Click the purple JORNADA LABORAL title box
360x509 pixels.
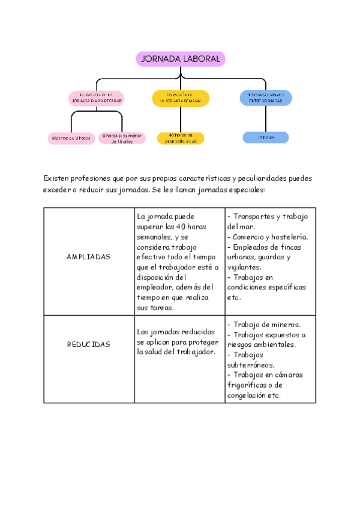pyautogui.click(x=181, y=59)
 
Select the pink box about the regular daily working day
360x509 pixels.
pyautogui.click(x=97, y=98)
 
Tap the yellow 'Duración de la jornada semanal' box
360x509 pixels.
pyautogui.click(x=181, y=98)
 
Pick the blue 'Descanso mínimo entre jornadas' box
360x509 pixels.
pyautogui.click(x=266, y=98)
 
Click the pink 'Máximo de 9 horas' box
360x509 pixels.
pyautogui.click(x=71, y=138)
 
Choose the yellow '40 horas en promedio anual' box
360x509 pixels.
pyautogui.click(x=181, y=138)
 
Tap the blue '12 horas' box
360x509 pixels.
pyautogui.click(x=265, y=137)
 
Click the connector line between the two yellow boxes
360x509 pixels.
pyautogui.click(x=181, y=119)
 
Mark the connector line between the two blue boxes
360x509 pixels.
pyautogui.click(x=265, y=119)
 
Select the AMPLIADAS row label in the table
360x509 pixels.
pyautogui.click(x=89, y=256)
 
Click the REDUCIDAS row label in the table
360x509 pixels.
pyautogui.click(x=89, y=345)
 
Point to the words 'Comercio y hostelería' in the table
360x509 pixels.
pyautogui.click(x=271, y=237)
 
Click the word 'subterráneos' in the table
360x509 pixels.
pyautogui.click(x=251, y=365)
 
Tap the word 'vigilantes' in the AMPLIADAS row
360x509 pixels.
pyautogui.click(x=244, y=267)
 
